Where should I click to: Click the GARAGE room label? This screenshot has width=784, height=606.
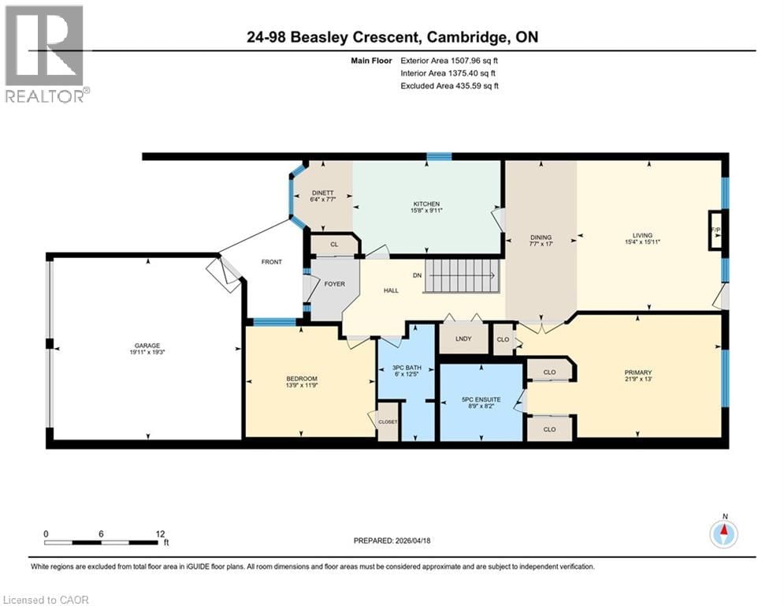coord(147,345)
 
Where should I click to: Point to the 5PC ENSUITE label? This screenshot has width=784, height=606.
coord(482,399)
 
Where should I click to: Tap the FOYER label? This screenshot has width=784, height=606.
coord(334,283)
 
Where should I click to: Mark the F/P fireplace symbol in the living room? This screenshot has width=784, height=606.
coord(715,230)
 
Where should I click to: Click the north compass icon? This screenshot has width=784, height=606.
coord(723,534)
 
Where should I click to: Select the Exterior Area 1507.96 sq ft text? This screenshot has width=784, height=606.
coord(449,59)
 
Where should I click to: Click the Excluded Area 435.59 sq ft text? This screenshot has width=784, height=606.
coord(449,85)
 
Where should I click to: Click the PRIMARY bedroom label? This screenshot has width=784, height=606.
coord(638,372)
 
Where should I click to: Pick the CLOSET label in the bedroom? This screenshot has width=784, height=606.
coord(388,421)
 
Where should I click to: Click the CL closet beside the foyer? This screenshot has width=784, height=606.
coord(334,245)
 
